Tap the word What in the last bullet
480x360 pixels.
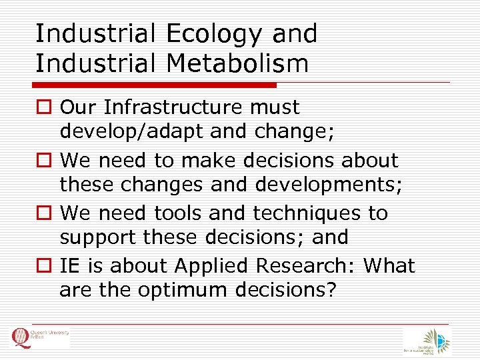388,266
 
